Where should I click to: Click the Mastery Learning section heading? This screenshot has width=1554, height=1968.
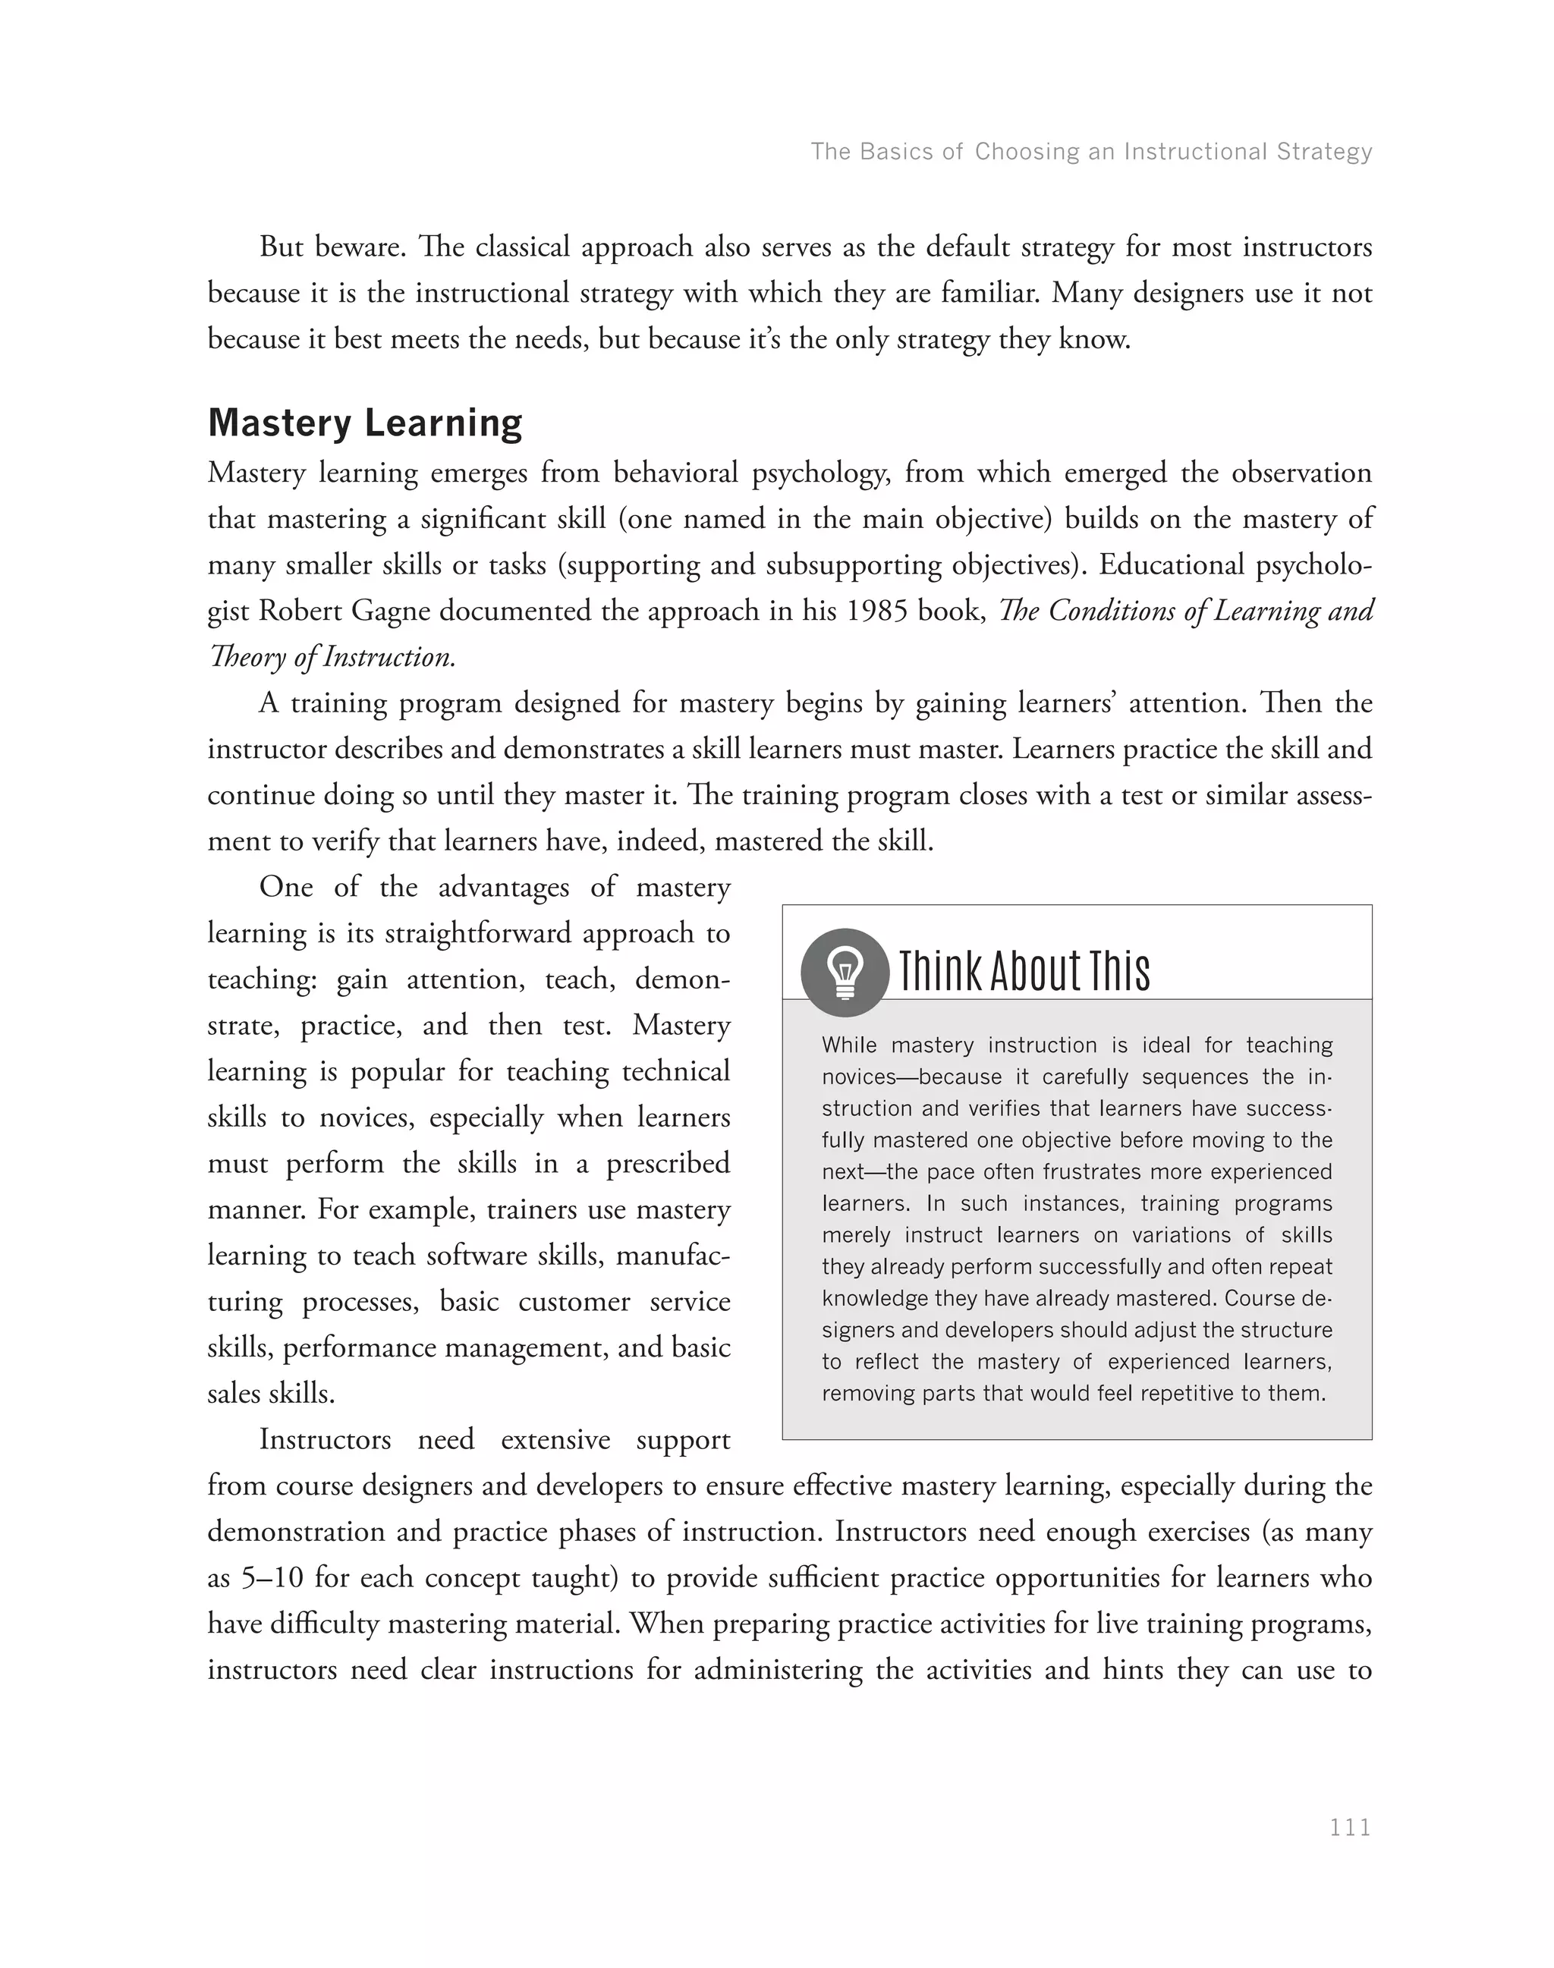tap(365, 424)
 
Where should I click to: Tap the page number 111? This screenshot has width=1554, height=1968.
tap(1350, 1827)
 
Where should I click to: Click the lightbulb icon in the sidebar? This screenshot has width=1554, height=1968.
tap(845, 972)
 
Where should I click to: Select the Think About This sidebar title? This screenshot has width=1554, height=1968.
tap(1024, 972)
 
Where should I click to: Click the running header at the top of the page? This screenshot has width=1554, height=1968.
tap(1091, 151)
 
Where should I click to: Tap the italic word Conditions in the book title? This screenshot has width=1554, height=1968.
tap(1112, 611)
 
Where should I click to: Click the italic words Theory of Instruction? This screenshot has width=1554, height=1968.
tap(332, 657)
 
